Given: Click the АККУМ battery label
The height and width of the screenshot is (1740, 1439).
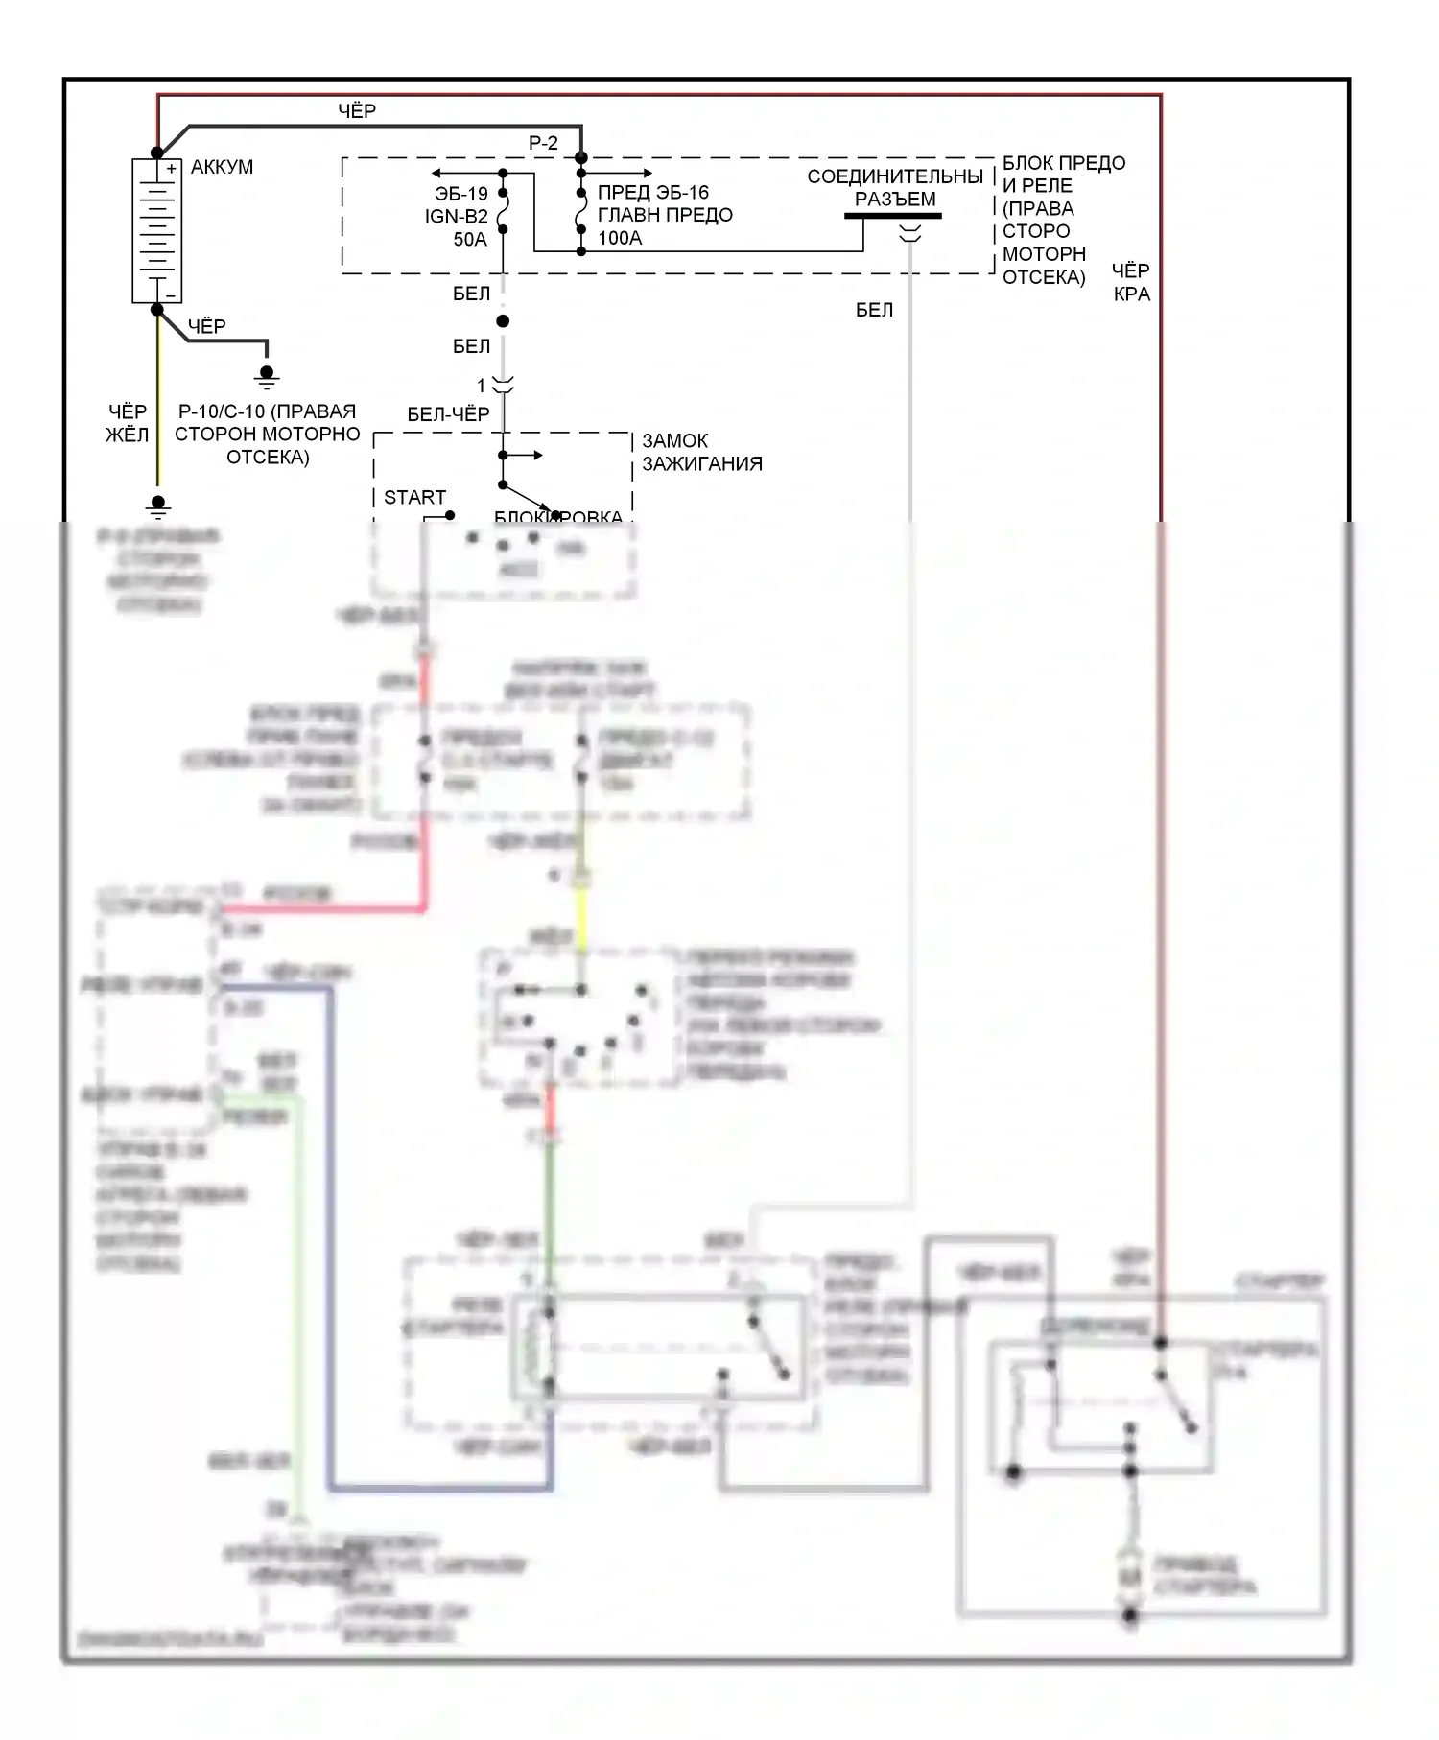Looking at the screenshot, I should pyautogui.click(x=222, y=167).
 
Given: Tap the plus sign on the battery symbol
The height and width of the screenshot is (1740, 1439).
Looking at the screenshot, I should pyautogui.click(x=171, y=169).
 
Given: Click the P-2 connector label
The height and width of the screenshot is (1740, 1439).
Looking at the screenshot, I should pyautogui.click(x=543, y=143).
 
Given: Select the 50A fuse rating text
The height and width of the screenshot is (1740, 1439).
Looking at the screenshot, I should pyautogui.click(x=470, y=240).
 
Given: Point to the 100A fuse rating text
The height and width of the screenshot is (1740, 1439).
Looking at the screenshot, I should pyautogui.click(x=620, y=239).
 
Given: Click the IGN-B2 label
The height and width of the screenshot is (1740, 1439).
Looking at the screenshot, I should pyautogui.click(x=457, y=217).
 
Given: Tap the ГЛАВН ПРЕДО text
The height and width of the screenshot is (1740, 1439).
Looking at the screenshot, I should pyautogui.click(x=665, y=216).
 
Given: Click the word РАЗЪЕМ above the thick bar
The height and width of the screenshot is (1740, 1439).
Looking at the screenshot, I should pyautogui.click(x=895, y=200).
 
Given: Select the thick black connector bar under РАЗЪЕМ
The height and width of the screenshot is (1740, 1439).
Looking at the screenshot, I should pyautogui.click(x=892, y=216).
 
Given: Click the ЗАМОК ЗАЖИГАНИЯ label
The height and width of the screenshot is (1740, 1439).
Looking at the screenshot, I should pyautogui.click(x=701, y=452).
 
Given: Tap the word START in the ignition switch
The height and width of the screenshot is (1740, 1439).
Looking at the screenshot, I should pyautogui.click(x=414, y=497).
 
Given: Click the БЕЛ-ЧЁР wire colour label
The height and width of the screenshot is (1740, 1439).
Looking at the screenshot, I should pyautogui.click(x=448, y=414).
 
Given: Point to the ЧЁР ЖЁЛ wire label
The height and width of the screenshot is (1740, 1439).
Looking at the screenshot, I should pyautogui.click(x=127, y=423).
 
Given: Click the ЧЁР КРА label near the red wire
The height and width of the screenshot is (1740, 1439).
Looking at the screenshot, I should pyautogui.click(x=1131, y=282).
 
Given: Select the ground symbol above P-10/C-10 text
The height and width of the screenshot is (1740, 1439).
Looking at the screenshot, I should pyautogui.click(x=267, y=375).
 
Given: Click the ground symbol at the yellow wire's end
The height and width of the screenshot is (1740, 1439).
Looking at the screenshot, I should pyautogui.click(x=158, y=506).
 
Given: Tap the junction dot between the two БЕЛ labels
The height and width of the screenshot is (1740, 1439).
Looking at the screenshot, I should pyautogui.click(x=503, y=321).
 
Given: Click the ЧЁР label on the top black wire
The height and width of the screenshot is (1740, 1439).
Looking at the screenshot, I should pyautogui.click(x=357, y=111).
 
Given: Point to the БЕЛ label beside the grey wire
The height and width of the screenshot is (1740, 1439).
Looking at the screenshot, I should pyautogui.click(x=874, y=310).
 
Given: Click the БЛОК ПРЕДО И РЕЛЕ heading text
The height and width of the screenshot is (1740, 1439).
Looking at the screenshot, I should pyautogui.click(x=1063, y=175).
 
